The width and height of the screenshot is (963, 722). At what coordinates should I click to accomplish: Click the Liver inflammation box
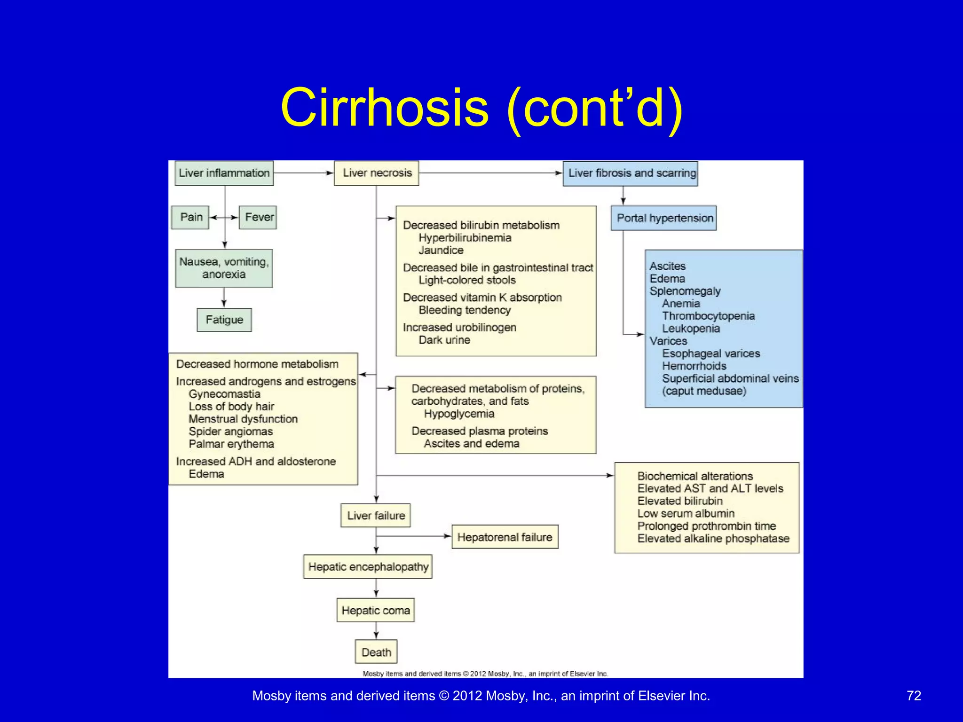click(224, 173)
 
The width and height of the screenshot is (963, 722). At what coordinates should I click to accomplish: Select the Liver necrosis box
click(377, 173)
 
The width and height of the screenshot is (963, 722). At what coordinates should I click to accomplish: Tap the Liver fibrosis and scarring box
click(631, 173)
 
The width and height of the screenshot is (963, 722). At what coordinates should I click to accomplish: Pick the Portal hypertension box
click(664, 218)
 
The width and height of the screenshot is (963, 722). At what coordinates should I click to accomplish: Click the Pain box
click(190, 217)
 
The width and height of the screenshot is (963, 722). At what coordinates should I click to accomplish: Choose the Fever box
click(258, 217)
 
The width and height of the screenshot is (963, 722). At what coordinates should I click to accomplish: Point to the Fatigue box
click(224, 320)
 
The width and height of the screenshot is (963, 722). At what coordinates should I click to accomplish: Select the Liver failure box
click(376, 516)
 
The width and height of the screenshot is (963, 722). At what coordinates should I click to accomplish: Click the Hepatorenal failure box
click(505, 537)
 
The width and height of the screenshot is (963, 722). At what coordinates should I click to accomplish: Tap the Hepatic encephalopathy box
click(368, 567)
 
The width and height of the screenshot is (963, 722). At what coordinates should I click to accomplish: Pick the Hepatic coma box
click(376, 610)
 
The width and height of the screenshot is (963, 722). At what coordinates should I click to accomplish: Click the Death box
click(376, 652)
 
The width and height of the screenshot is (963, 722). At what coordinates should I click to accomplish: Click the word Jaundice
click(441, 251)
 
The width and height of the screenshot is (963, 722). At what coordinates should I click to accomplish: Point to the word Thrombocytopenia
click(708, 316)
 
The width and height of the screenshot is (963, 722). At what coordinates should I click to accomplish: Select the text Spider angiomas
click(230, 432)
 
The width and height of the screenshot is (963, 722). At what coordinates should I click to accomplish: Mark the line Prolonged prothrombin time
click(706, 526)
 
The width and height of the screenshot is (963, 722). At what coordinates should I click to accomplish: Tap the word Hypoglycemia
click(459, 414)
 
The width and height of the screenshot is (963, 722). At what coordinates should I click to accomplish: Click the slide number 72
click(914, 696)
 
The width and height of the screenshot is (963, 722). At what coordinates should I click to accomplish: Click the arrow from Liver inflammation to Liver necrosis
click(304, 173)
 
